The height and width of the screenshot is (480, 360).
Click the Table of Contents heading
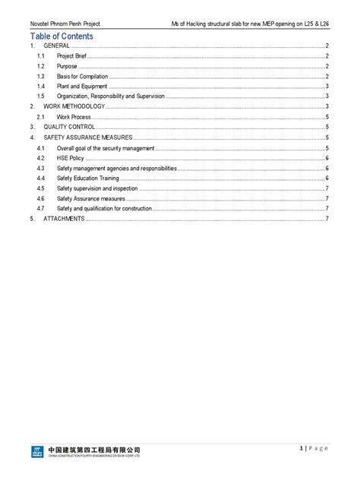62,36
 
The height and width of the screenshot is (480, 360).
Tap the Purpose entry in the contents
68,67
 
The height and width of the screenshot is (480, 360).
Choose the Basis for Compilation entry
83,77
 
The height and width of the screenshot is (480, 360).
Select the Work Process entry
74,117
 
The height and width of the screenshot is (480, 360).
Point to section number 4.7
40,208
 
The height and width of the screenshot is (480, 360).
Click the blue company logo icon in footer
37,452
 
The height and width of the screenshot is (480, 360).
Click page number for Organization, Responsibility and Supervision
326,97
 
